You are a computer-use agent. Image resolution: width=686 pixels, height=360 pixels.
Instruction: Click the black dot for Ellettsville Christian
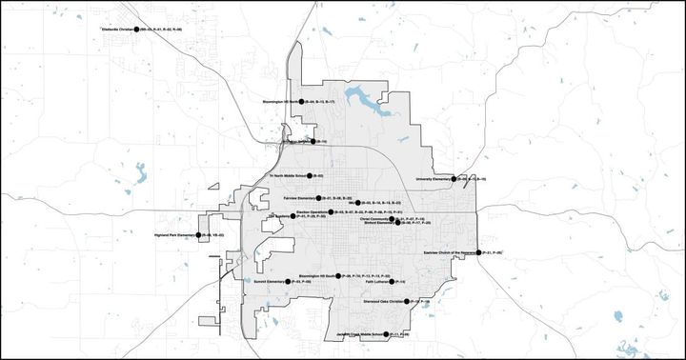[137, 30]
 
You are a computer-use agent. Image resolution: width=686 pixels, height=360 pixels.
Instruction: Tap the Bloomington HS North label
[281, 101]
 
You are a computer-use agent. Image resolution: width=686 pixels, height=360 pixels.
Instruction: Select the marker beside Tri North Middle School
[311, 176]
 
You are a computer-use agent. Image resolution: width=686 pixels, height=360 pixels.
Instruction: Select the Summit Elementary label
[271, 283]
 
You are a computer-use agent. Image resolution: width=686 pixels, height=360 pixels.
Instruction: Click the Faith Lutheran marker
[393, 283]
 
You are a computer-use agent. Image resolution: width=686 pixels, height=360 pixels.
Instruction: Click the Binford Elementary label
[378, 223]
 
